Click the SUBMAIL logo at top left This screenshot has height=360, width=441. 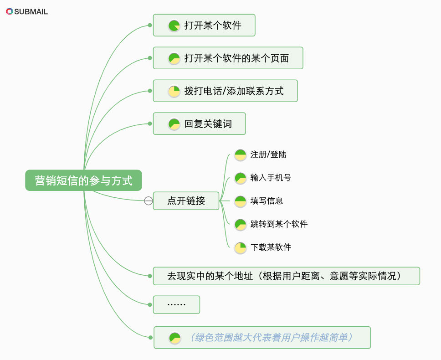coord(27,11)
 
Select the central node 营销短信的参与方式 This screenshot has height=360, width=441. coord(83,180)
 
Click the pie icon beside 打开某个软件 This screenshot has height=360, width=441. coord(174,26)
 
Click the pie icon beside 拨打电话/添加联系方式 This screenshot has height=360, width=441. coord(174,91)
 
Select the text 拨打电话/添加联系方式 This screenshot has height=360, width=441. coord(234,91)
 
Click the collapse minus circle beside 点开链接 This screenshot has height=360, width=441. coord(148,201)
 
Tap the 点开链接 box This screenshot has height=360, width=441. coord(186,201)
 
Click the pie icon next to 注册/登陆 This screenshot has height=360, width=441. coord(240,155)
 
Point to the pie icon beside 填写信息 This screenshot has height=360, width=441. coord(240,201)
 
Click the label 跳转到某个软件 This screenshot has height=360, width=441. coord(279,224)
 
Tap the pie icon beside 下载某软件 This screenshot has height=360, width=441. coord(240,247)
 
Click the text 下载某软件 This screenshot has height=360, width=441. coord(271,247)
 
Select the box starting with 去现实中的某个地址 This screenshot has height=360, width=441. coord(286,276)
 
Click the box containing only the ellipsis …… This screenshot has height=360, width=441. coord(176,305)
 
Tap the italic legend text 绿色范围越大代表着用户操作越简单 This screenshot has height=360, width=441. coord(272,338)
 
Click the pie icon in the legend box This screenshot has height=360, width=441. coord(175,338)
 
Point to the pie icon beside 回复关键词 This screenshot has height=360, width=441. coord(174,124)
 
